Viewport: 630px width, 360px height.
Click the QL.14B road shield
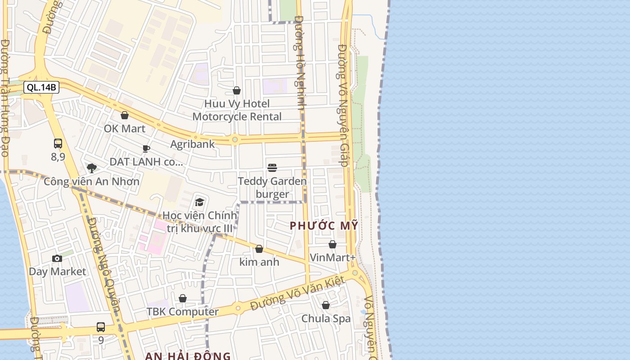pos(41,87)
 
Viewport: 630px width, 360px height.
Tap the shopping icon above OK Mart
pos(125,115)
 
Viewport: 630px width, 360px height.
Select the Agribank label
pos(192,144)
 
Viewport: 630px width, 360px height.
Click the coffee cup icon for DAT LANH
pos(146,148)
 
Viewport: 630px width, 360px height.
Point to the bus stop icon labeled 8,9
pos(58,144)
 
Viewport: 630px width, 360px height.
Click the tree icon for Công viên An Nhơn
pos(92,168)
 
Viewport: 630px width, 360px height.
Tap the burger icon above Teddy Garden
pos(272,168)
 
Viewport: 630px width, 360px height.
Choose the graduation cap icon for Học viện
pos(199,202)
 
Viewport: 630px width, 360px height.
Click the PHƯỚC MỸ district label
pos(324,226)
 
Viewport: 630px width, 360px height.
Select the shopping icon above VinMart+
pos(333,244)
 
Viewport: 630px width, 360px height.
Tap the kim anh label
pos(259,262)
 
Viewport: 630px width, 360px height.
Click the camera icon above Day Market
pos(57,258)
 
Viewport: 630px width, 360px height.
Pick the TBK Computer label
pos(183,312)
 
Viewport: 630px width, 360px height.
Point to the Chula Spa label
pos(326,319)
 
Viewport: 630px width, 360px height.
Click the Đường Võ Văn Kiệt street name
pos(297,294)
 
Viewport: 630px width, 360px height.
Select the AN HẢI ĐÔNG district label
pos(188,356)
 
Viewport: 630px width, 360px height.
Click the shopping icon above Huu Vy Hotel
pos(237,91)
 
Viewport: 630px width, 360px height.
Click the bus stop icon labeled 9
pos(101,327)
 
